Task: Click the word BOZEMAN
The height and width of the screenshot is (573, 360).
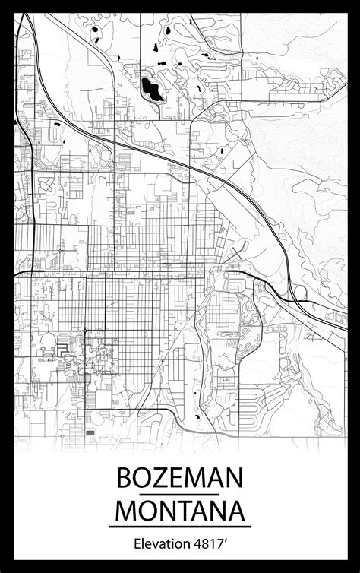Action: (180, 479)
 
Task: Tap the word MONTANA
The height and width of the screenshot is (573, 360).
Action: (180, 509)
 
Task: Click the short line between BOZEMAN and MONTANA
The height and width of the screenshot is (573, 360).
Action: (180, 494)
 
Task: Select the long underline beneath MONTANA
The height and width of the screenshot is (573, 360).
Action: (180, 526)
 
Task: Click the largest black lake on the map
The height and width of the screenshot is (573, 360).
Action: (151, 89)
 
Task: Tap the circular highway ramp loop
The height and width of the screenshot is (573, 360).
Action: (298, 293)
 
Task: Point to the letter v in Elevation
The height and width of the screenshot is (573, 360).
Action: (153, 545)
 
